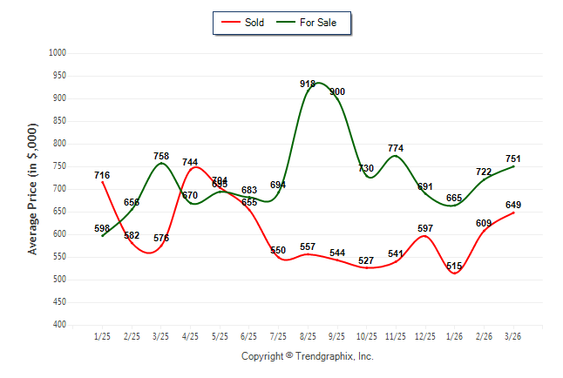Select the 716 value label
[x=102, y=176]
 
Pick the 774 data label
[x=396, y=149]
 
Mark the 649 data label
[x=513, y=206]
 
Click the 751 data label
[x=513, y=159]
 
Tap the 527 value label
[x=367, y=261]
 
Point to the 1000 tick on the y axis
[x=58, y=53]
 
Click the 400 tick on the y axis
[x=61, y=325]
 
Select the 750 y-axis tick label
[x=61, y=166]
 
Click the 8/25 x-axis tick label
[x=308, y=336]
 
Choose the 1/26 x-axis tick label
[x=455, y=336]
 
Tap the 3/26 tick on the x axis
[x=513, y=336]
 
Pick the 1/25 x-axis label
[x=102, y=336]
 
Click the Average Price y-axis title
[x=33, y=189]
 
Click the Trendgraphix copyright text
[x=307, y=356]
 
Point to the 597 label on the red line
[x=425, y=229]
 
